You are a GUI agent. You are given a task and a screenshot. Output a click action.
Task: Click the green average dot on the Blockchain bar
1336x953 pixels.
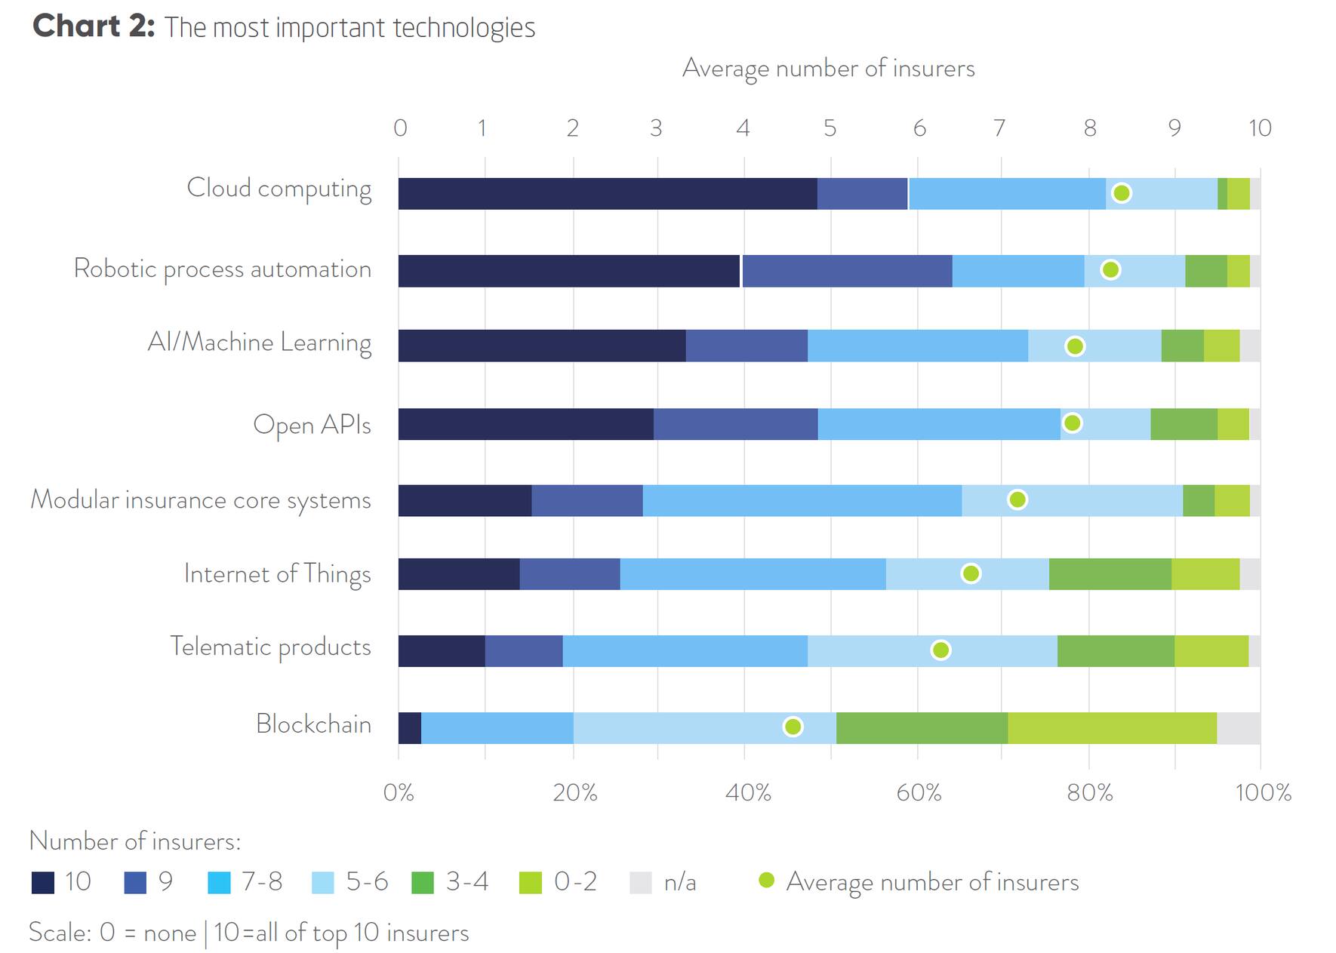point(793,727)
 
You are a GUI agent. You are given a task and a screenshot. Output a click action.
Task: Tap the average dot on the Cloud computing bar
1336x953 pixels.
point(1122,193)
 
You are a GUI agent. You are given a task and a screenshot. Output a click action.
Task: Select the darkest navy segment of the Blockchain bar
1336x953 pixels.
point(410,727)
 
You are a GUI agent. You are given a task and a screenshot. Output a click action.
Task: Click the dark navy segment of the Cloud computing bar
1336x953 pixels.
point(607,194)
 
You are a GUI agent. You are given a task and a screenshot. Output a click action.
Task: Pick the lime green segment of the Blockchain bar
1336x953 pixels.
point(1112,727)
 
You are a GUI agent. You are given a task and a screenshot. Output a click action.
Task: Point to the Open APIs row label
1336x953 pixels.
point(312,425)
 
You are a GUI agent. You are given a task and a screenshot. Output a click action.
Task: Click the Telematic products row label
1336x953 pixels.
point(270,647)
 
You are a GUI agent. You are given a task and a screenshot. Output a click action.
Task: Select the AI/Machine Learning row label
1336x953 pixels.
point(259,343)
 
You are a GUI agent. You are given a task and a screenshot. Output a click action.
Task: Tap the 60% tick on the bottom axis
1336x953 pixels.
point(918,792)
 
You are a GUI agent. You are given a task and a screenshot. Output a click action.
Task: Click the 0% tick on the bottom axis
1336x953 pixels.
point(399,792)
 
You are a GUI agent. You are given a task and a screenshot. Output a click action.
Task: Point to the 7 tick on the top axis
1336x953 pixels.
point(999,128)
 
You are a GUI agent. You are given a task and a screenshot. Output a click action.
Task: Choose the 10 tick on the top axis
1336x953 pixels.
point(1259,128)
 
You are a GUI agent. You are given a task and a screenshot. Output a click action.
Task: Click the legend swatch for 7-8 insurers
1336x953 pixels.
point(219,882)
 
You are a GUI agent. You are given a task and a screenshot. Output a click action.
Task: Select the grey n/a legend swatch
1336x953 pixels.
point(641,882)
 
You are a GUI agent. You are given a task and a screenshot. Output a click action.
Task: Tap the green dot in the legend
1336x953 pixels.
point(766,881)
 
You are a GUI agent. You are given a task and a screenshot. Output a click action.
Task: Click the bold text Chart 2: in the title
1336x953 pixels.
point(94,26)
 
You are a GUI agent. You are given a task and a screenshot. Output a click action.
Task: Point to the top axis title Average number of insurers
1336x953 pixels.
point(828,69)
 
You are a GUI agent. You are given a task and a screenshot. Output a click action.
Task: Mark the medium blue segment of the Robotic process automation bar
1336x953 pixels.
point(847,271)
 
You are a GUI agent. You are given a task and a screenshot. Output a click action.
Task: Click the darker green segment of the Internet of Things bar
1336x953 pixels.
point(1110,574)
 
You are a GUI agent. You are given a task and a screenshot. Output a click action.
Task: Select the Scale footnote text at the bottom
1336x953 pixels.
point(248,933)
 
